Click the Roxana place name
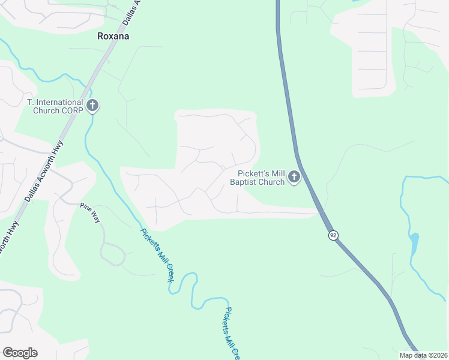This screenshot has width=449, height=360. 113,36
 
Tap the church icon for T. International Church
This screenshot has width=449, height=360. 92,106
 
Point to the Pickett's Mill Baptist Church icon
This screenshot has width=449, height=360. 294,177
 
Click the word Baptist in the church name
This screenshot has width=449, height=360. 247,182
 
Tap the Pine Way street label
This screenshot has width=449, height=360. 91,213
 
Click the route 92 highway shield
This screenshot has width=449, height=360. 333,235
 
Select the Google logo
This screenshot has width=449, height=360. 20,353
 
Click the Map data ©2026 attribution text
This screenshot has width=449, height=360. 423,355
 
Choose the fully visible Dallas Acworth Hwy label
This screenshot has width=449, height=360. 45,175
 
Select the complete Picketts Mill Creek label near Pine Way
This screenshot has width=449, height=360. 157,256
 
